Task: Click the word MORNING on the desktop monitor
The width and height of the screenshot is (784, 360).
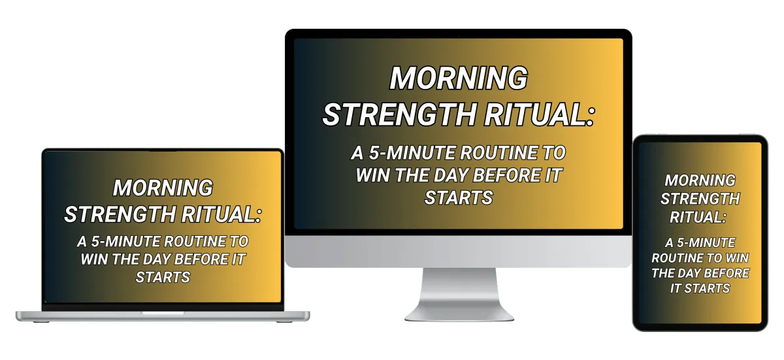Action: click(x=459, y=78)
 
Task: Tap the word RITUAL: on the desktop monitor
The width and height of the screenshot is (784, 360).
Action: click(x=539, y=114)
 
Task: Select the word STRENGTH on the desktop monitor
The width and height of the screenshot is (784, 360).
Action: click(x=399, y=114)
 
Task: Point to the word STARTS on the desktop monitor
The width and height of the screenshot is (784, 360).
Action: click(x=459, y=198)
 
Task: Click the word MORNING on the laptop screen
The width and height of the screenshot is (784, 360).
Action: click(x=163, y=188)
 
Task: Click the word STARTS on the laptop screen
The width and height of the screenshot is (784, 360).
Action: click(x=163, y=278)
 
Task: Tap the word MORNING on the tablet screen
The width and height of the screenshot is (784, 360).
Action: click(x=700, y=180)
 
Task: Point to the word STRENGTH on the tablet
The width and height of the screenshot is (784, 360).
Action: click(x=700, y=199)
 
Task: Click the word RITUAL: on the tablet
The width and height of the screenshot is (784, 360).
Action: click(x=698, y=218)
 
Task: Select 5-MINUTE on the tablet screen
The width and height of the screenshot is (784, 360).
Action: click(x=705, y=242)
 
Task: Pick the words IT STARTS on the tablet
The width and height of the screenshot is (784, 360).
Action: click(x=700, y=288)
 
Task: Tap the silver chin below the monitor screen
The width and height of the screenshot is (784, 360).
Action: click(x=459, y=251)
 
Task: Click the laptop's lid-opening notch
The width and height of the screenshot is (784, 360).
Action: click(x=163, y=313)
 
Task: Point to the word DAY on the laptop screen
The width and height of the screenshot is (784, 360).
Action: click(x=156, y=259)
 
